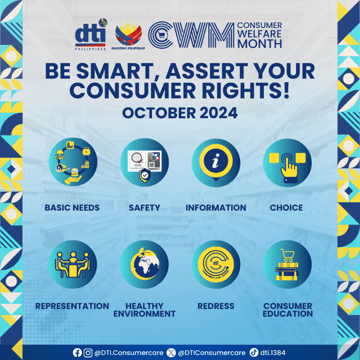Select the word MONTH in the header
259,44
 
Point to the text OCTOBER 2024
180,113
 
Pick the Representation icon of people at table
73,264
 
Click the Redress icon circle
215,264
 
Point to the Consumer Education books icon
287,264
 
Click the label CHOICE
286,208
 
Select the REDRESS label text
216,306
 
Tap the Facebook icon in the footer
77,353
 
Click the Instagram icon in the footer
88,353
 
